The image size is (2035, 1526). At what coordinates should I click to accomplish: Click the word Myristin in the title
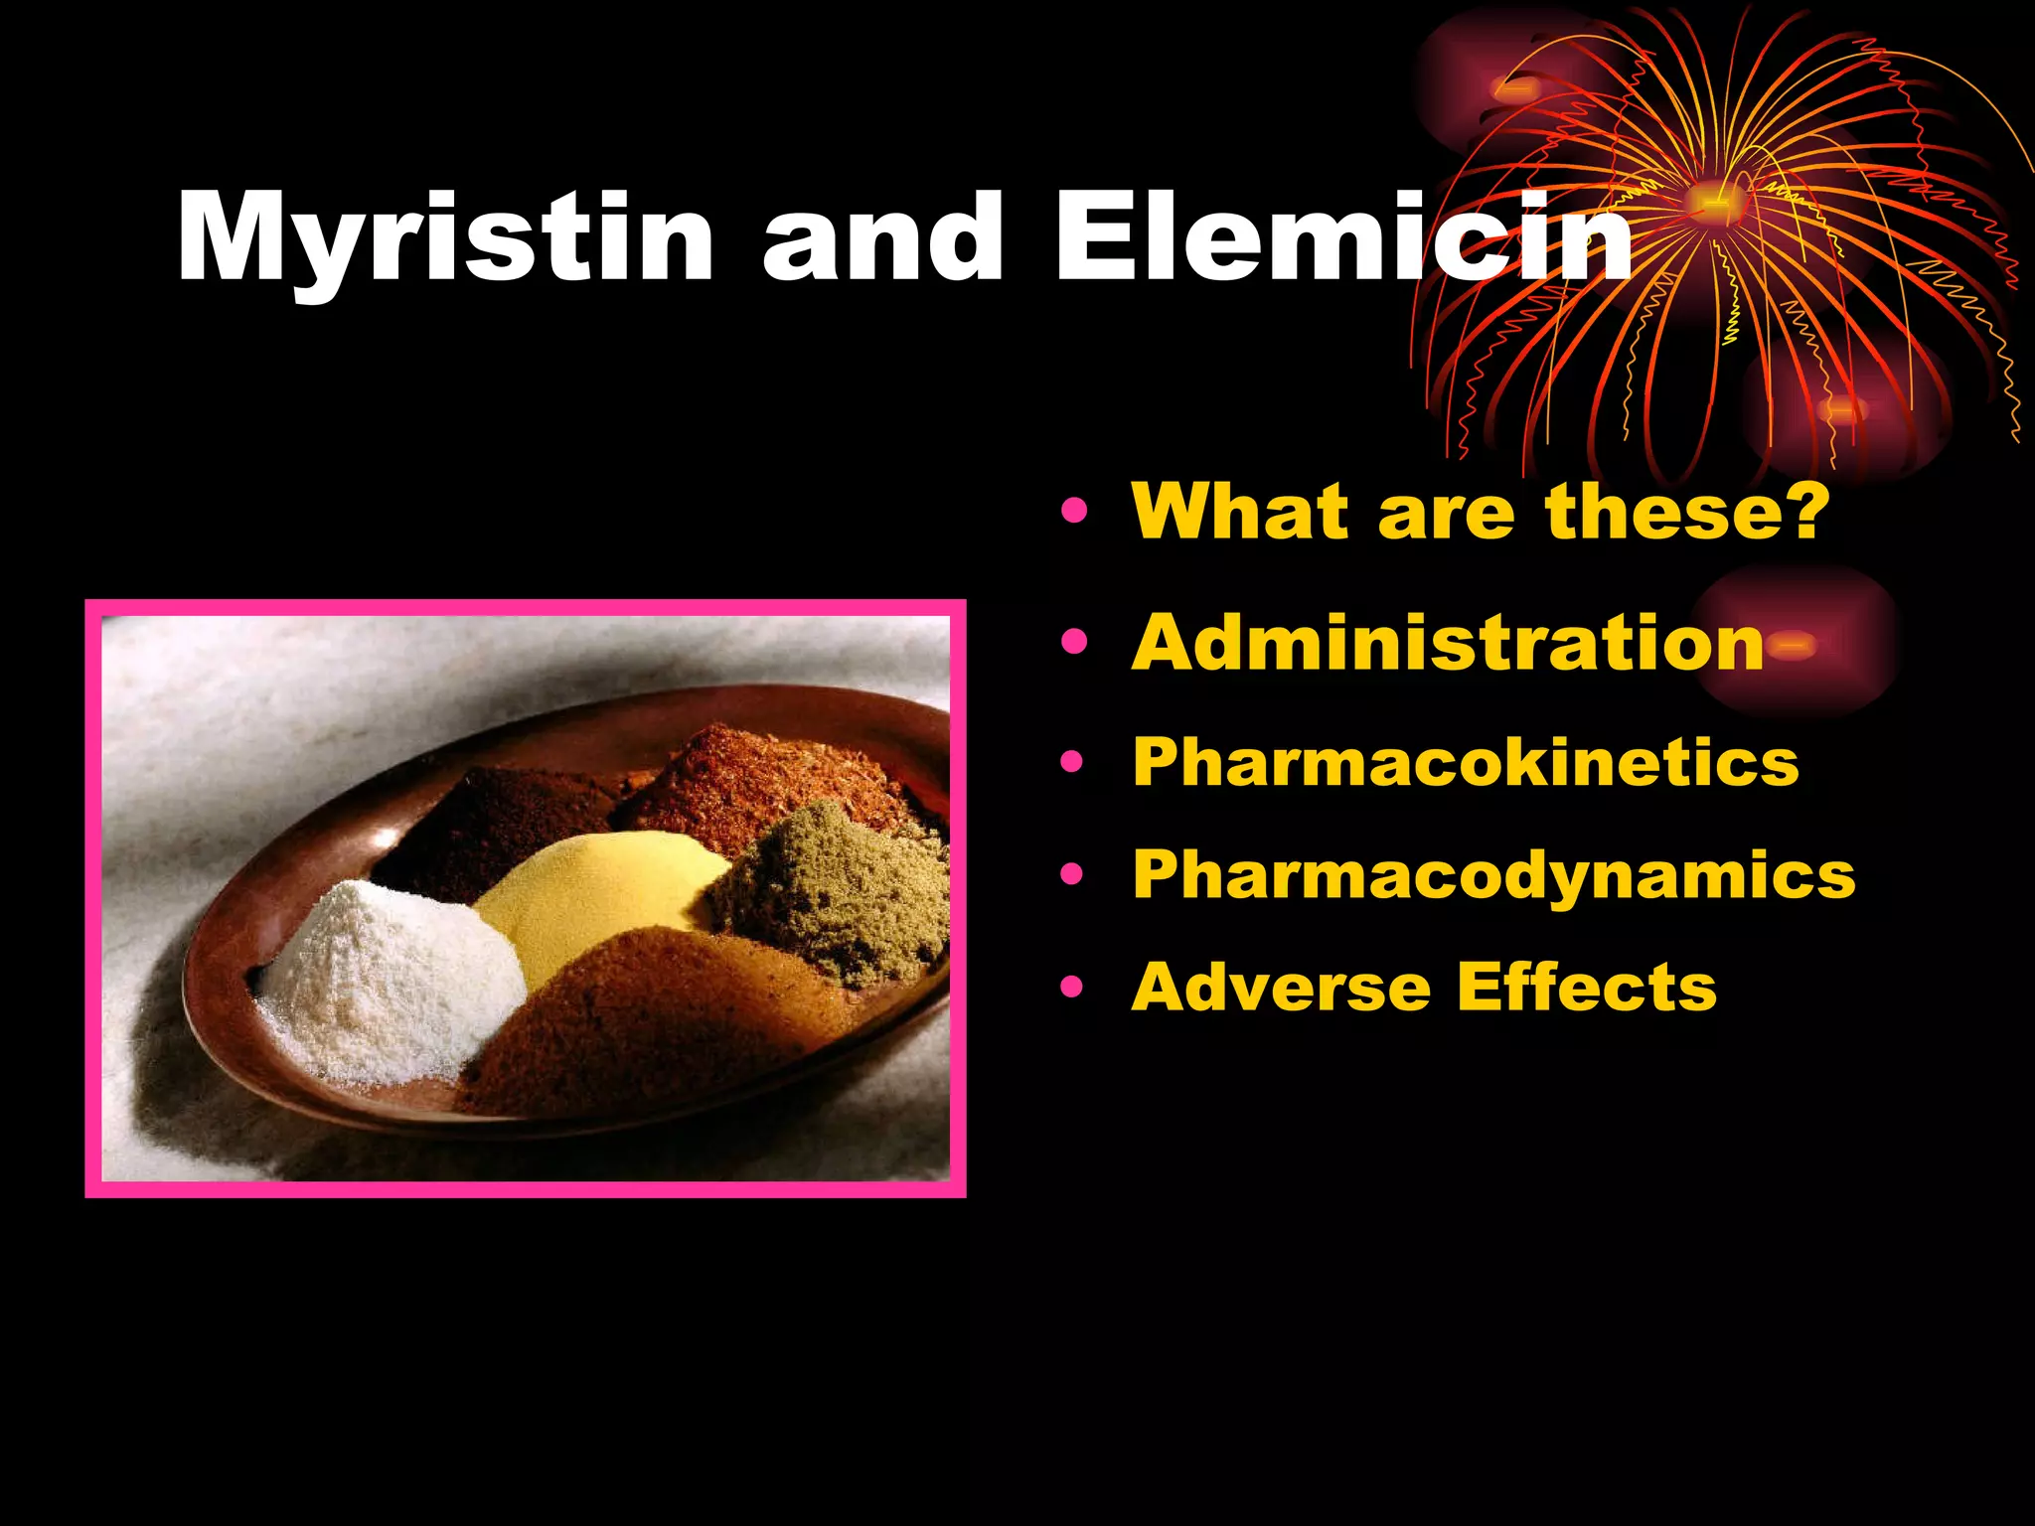444,238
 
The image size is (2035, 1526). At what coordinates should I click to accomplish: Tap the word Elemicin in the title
1341,238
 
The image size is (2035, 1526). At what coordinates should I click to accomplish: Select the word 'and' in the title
882,238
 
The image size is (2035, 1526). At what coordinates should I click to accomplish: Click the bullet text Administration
1447,643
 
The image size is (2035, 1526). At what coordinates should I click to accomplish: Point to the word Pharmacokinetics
1466,762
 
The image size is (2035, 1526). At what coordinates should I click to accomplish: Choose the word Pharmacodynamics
1493,874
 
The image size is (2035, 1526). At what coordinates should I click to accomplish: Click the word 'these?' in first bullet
1686,511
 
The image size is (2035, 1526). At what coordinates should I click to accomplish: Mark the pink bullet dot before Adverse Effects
1073,988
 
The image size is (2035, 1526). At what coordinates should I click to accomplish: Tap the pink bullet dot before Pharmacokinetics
1073,763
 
